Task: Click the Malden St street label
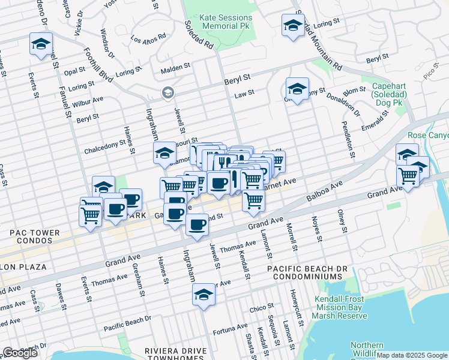[x=175, y=69]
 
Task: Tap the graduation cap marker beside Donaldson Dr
[x=297, y=90]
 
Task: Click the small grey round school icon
[x=167, y=92]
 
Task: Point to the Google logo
[x=20, y=353]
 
